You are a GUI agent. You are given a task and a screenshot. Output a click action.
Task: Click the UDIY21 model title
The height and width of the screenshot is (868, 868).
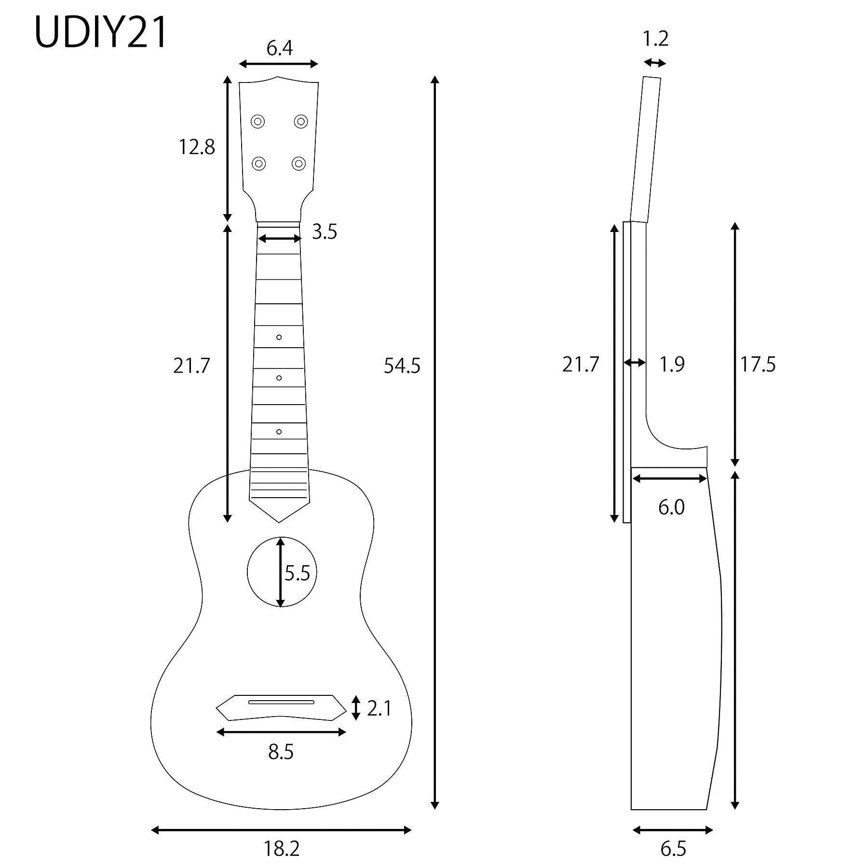[101, 33]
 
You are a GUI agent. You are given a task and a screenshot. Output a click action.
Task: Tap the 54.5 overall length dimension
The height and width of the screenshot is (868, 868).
[402, 366]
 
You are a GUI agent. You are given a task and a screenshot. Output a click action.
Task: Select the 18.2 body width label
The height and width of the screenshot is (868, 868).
[282, 849]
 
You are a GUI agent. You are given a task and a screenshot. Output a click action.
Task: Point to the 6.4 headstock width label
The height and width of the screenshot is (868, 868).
[280, 48]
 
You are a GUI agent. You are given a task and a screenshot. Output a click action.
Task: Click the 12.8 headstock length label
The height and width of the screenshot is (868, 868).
[197, 147]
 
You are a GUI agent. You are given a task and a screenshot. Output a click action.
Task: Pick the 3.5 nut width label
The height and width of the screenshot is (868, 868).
[324, 232]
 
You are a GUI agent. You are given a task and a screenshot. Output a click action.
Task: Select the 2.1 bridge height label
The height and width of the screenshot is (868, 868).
[379, 708]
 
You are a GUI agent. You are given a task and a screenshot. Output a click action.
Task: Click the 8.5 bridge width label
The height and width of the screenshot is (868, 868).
[281, 752]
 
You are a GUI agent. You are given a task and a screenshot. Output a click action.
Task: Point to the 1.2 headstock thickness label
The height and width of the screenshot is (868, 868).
[656, 39]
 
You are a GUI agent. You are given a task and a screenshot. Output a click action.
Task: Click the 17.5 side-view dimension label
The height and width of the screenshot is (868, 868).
[758, 365]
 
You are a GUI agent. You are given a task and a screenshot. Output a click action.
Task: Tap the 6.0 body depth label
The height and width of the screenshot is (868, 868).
[671, 507]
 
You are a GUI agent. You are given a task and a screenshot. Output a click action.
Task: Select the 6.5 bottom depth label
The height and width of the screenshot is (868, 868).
[673, 849]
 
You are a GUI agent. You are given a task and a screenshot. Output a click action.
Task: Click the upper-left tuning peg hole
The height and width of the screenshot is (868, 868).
[258, 122]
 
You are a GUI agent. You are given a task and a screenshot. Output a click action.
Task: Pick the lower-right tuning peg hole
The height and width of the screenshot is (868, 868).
[299, 164]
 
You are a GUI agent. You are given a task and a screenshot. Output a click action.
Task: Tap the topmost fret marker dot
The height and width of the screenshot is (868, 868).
[279, 337]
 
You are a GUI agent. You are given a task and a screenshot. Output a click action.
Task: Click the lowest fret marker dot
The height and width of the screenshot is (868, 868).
[279, 432]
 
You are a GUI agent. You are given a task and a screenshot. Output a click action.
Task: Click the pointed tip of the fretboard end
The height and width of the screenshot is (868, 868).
[279, 522]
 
